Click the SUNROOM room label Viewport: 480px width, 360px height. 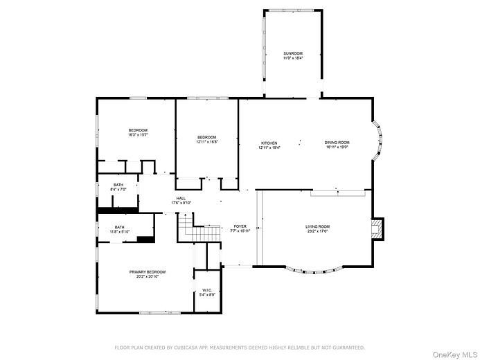click(x=292, y=53)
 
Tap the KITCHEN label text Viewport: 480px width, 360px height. click(x=269, y=143)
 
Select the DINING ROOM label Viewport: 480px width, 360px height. click(x=337, y=143)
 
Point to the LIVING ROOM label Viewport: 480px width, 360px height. click(x=318, y=226)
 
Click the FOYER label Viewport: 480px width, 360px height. click(x=240, y=226)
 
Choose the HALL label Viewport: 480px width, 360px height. click(x=181, y=199)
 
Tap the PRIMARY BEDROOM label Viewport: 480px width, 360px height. click(x=144, y=272)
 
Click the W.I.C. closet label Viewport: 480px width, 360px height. click(x=206, y=290)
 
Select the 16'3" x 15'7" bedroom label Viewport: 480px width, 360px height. click(x=137, y=135)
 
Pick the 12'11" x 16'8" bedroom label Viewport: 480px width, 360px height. click(x=206, y=142)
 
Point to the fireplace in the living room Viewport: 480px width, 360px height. click(x=377, y=229)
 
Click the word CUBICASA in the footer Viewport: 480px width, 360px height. click(x=193, y=347)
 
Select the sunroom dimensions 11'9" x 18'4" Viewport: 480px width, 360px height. click(x=292, y=58)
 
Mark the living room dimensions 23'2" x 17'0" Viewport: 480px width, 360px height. click(x=318, y=231)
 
